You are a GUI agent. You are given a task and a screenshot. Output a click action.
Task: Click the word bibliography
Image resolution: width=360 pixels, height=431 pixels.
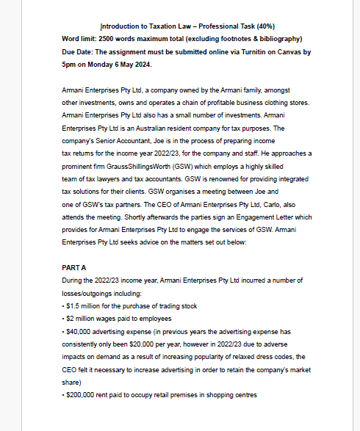pyautogui.click(x=278, y=38)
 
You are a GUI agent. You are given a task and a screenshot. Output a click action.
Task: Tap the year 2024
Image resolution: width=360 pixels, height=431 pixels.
pyautogui.click(x=139, y=64)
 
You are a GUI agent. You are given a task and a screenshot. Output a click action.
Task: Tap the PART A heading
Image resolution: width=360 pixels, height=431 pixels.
pyautogui.click(x=76, y=268)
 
